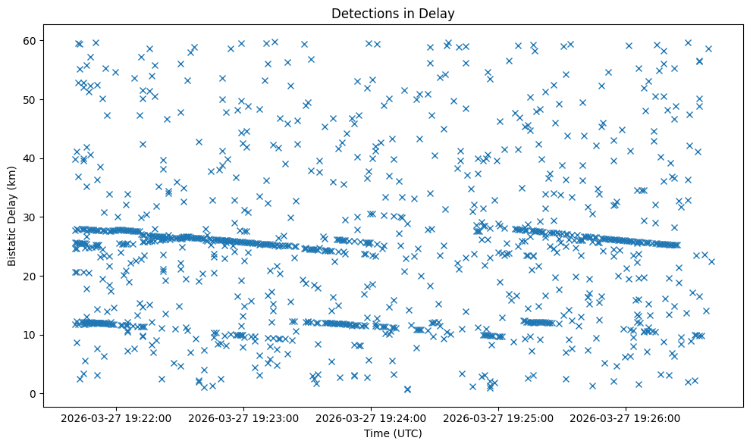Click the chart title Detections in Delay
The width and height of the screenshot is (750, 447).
pos(393,13)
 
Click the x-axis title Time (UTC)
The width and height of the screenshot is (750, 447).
pos(393,434)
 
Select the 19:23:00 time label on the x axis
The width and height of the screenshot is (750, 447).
pos(245,417)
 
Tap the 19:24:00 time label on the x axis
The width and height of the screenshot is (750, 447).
pos(372,417)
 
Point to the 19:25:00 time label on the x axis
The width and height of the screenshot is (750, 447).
pos(499,417)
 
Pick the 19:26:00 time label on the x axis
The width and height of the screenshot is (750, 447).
pos(626,417)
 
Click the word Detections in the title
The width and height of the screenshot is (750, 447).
pos(362,13)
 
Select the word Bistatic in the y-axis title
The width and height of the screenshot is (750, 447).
pos(13,244)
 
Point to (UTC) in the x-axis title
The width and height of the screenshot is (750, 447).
pos(406,434)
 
